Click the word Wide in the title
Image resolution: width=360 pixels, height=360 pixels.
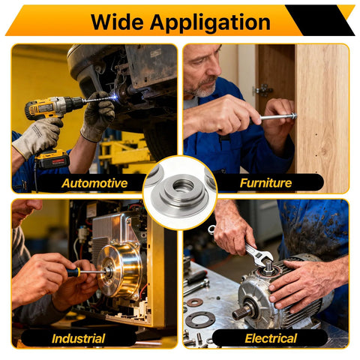[x=117, y=22]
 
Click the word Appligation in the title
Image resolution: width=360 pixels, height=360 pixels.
[x=210, y=23]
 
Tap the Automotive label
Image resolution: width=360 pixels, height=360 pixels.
[x=94, y=183]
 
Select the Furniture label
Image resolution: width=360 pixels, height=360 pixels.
[x=265, y=183]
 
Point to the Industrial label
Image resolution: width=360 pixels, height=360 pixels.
[x=78, y=338]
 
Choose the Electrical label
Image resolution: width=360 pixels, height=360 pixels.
[x=271, y=338]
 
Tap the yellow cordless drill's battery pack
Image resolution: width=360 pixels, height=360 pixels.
[x=52, y=159]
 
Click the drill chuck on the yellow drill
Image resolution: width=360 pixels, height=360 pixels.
[x=74, y=103]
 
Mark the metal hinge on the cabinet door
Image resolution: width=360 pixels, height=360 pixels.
[x=262, y=90]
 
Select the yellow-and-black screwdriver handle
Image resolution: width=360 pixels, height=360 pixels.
[x=73, y=271]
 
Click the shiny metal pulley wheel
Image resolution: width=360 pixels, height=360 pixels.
[x=119, y=271]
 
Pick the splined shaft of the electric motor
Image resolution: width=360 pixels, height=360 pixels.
[x=241, y=312]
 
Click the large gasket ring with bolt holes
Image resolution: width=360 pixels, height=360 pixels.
[x=200, y=319]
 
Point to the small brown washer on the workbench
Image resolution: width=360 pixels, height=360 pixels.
[x=194, y=302]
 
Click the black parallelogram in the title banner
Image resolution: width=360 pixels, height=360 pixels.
[x=320, y=20]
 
